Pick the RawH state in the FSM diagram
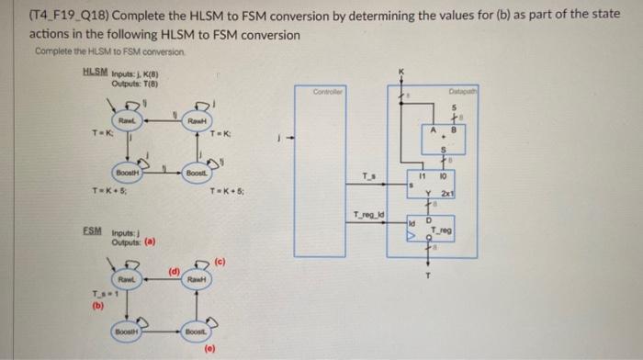[x=194, y=278]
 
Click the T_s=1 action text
[x=98, y=295]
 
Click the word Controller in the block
[x=327, y=93]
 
